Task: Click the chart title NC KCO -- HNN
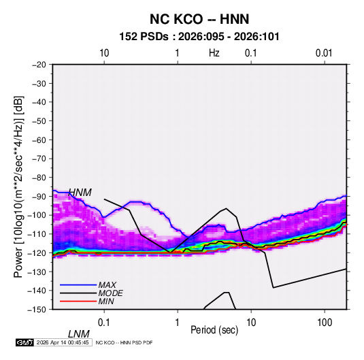tap(199, 19)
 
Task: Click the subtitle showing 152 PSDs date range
tap(199, 37)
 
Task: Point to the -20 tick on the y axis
tap(39, 65)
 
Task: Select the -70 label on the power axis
tap(39, 159)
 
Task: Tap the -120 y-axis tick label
tap(37, 253)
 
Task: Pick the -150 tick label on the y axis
tap(37, 310)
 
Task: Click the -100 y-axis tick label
tap(37, 215)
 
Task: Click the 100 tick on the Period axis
tap(325, 323)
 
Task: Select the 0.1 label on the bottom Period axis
tap(104, 323)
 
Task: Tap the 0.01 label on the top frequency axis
tap(324, 53)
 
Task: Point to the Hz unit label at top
tap(214, 53)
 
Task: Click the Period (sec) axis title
tap(214, 330)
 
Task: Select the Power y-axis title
tap(18, 186)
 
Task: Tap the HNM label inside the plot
tap(80, 193)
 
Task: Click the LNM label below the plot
tap(79, 334)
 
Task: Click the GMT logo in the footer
tap(25, 342)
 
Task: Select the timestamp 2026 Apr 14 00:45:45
tap(63, 342)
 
